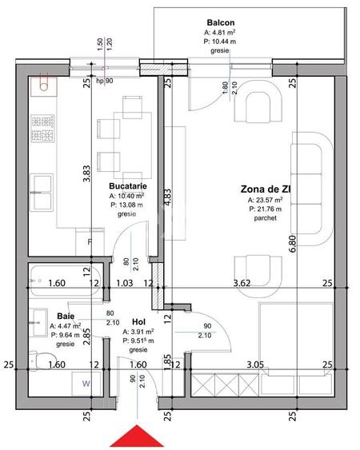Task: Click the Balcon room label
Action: pos(221,22)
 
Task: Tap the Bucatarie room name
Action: pos(128,186)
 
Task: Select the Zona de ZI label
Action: pos(266,189)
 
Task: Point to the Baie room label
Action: pos(66,317)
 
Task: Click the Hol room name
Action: pos(138,322)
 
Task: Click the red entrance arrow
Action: pos(137,436)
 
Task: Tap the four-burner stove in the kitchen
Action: pos(43,128)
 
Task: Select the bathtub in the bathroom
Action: pos(66,281)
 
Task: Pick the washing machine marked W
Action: pos(86,384)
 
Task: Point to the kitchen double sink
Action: pos(42,193)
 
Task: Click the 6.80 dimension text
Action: pos(293,244)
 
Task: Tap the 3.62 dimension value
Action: pos(242,283)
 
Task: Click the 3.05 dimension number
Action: pos(255,364)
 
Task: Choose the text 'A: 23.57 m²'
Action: pos(265,200)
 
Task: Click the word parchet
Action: pos(265,218)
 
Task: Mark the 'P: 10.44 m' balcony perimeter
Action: pos(220,42)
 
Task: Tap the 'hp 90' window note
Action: pos(105,81)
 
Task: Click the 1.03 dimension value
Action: pos(125,283)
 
